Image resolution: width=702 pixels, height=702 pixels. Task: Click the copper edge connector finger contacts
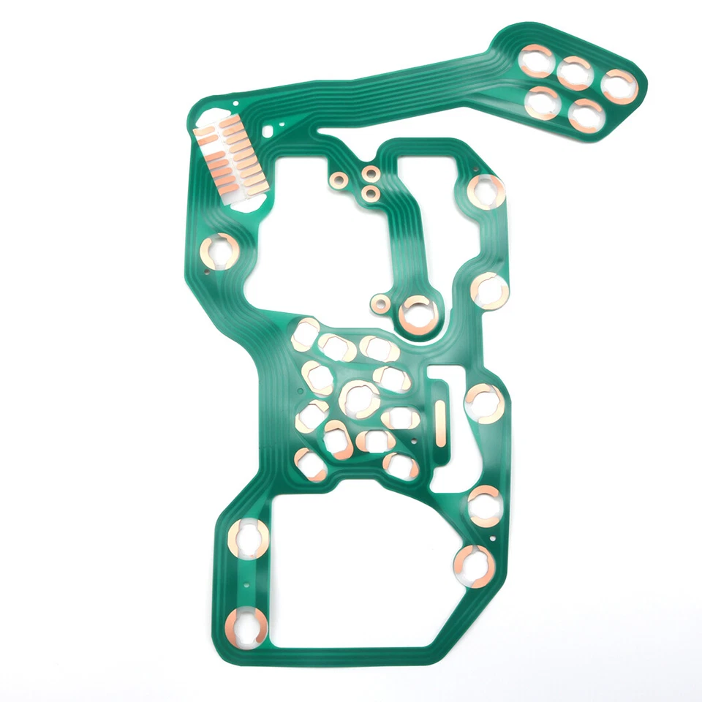click(x=230, y=157)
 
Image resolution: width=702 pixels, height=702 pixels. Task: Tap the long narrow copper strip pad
click(x=440, y=422)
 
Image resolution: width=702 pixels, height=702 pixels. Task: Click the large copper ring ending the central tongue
click(x=418, y=314)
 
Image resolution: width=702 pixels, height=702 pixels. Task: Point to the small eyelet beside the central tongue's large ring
click(x=380, y=302)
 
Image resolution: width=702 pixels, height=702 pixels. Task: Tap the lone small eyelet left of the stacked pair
click(x=338, y=179)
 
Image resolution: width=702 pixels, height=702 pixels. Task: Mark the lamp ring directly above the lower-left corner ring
click(x=250, y=538)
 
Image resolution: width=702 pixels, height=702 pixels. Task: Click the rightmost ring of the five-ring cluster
click(x=620, y=86)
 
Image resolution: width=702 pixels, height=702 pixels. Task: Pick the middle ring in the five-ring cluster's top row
click(x=575, y=72)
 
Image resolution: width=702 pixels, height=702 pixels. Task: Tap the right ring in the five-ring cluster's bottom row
click(x=586, y=116)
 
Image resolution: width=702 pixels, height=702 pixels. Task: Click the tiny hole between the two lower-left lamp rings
click(x=247, y=586)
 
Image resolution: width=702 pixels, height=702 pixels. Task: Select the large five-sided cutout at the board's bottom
click(x=358, y=570)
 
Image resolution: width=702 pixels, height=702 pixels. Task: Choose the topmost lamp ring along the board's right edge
click(x=486, y=192)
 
